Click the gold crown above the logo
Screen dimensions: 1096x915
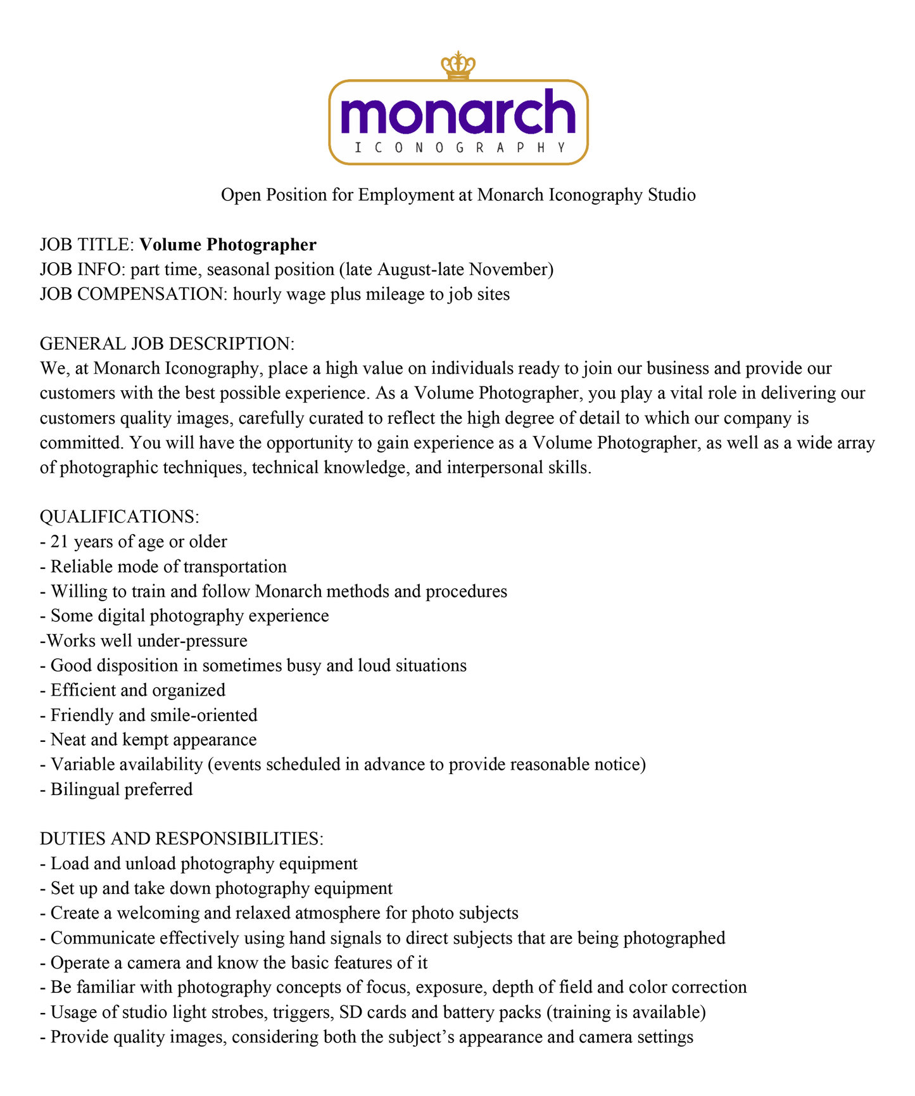point(458,66)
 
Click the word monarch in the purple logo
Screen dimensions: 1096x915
point(458,113)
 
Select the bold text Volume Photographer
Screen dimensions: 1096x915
point(228,245)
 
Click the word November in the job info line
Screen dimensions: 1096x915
point(510,269)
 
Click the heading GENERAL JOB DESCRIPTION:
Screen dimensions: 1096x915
point(167,343)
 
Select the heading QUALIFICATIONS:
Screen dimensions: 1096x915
point(120,516)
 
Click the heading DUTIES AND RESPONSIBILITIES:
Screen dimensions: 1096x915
point(182,839)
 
